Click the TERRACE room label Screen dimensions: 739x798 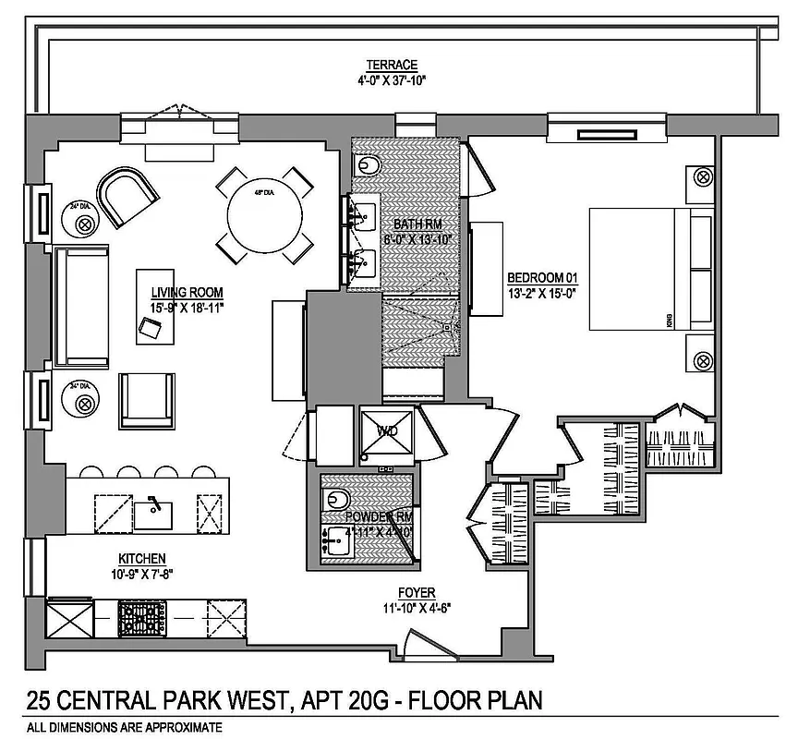pyautogui.click(x=392, y=65)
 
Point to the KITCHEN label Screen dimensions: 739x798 pyautogui.click(x=141, y=558)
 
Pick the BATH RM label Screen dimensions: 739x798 pyautogui.click(x=414, y=224)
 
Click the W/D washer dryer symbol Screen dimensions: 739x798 pyautogui.click(x=387, y=430)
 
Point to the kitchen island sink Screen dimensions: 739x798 pyautogui.click(x=154, y=508)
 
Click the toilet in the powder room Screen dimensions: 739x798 pyautogui.click(x=337, y=500)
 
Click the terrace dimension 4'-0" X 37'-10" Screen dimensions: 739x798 pyautogui.click(x=392, y=79)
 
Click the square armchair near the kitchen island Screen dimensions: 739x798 pyautogui.click(x=147, y=399)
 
